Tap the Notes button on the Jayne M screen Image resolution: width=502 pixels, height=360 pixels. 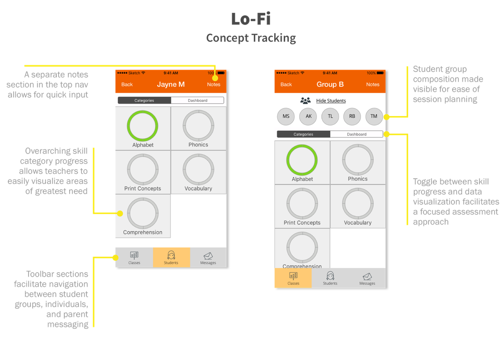click(214, 84)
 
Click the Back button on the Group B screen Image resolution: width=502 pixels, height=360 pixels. click(286, 84)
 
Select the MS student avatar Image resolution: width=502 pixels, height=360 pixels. click(286, 116)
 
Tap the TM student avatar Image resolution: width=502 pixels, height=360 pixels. click(374, 116)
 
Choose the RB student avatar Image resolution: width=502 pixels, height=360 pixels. click(352, 116)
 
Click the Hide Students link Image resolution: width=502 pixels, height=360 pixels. click(331, 101)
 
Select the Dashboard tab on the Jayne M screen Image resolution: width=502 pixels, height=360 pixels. click(197, 100)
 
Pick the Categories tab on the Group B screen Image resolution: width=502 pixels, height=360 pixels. click(304, 134)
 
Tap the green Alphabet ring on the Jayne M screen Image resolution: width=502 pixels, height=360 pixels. click(142, 111)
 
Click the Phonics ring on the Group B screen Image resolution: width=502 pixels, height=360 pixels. click(357, 145)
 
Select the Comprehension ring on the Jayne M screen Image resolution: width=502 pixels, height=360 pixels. click(142, 198)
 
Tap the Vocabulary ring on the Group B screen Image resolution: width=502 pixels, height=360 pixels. click(357, 188)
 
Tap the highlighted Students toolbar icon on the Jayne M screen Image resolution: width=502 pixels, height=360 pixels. click(171, 257)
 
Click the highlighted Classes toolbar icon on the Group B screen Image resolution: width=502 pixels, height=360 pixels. click(293, 278)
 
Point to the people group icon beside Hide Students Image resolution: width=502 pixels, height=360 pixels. click(305, 101)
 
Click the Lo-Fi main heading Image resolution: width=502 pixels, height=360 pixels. click(251, 19)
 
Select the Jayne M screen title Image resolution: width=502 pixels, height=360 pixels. click(171, 84)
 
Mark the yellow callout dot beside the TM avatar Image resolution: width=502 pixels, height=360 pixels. click(387, 117)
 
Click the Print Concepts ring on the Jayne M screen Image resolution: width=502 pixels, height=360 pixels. click(142, 154)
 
